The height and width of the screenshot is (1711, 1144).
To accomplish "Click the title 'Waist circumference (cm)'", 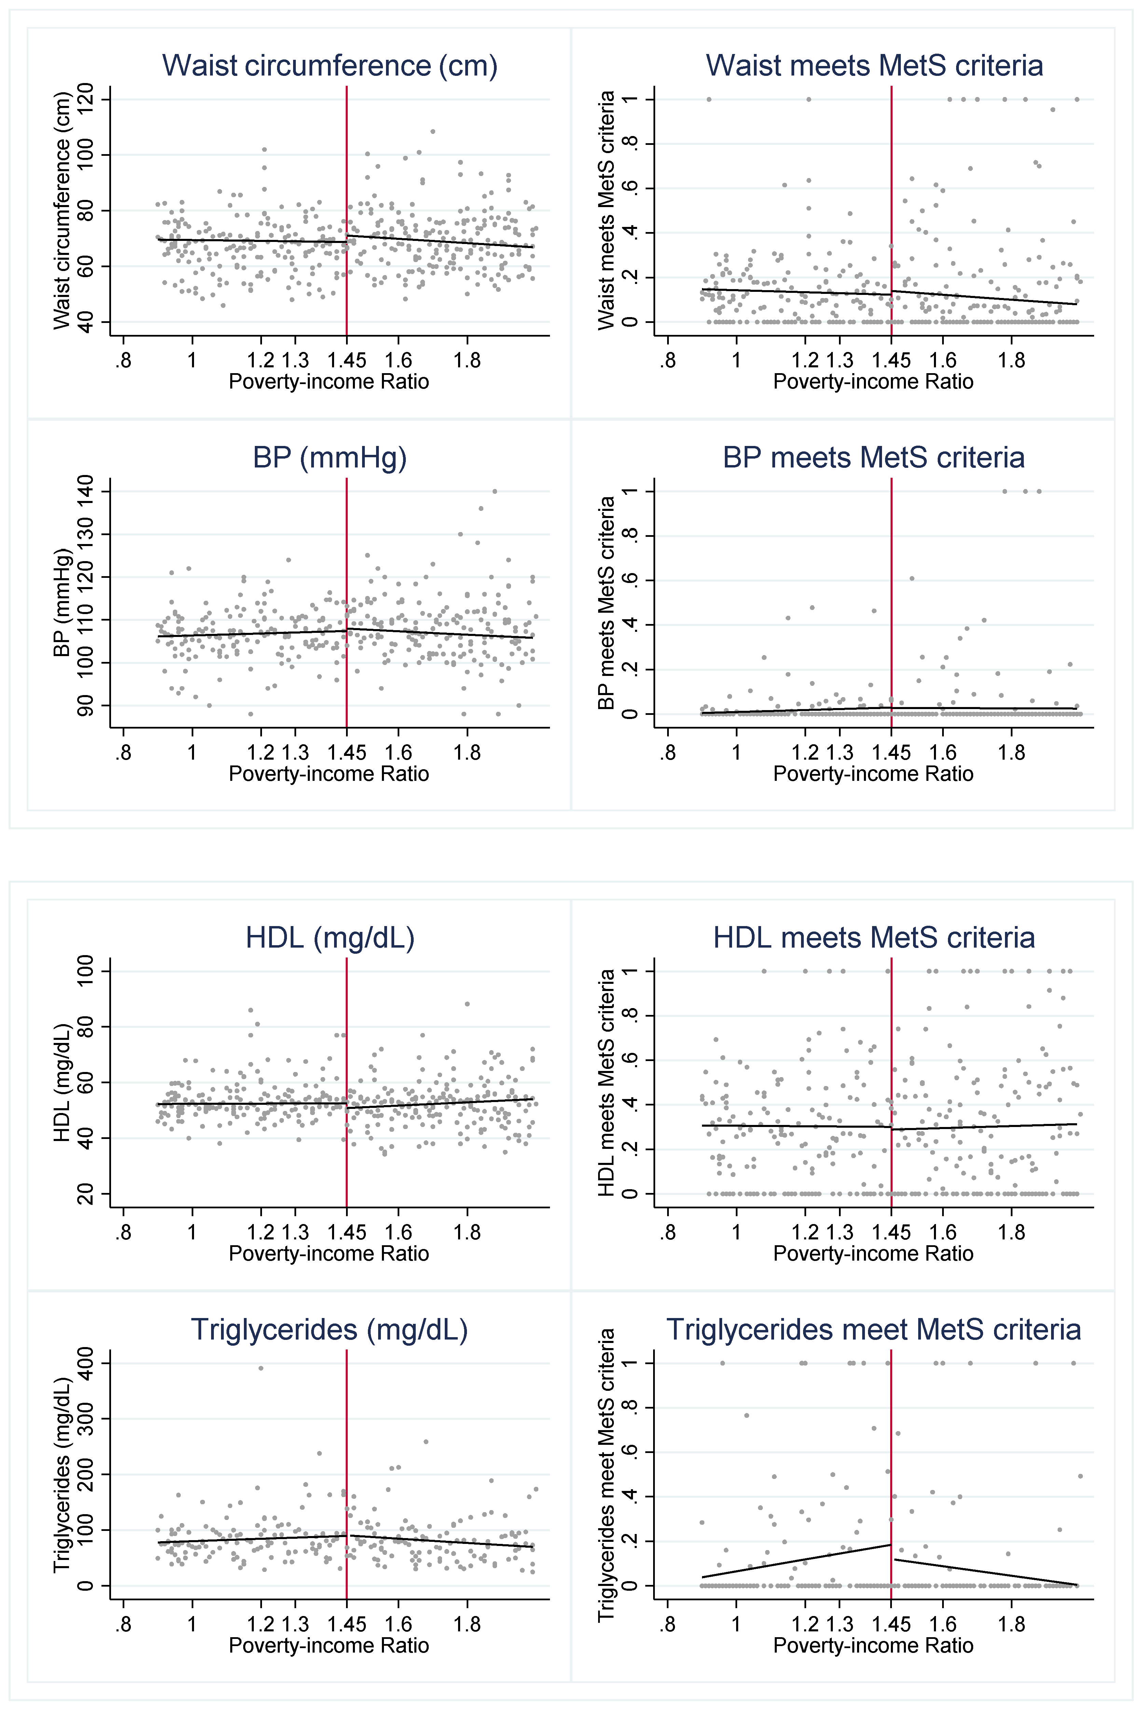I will pyautogui.click(x=330, y=66).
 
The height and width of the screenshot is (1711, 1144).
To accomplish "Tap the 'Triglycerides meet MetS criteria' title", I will pyautogui.click(x=873, y=1329).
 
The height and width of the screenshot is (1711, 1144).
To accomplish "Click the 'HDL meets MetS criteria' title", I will pyautogui.click(x=873, y=938).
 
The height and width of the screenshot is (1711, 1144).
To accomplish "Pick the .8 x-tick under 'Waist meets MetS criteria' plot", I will pyautogui.click(x=667, y=361).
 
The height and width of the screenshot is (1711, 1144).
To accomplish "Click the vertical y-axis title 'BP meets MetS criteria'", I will pyautogui.click(x=606, y=603).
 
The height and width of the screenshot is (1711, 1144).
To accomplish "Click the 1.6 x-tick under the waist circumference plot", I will pyautogui.click(x=398, y=361).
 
